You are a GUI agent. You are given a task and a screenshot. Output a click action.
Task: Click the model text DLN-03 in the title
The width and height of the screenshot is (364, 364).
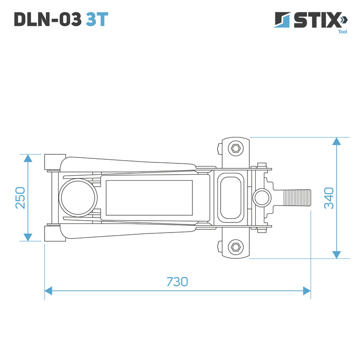(47, 19)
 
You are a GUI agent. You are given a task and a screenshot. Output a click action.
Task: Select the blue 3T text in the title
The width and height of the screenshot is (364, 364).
(97, 19)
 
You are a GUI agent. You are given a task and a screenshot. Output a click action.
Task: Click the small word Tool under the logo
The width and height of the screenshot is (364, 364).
(342, 32)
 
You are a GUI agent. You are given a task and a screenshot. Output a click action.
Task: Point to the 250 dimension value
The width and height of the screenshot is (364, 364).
(20, 197)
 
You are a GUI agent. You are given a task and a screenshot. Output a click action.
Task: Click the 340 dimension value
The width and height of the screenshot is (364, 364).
(329, 197)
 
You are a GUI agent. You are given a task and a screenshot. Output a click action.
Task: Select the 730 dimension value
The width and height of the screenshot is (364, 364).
(177, 282)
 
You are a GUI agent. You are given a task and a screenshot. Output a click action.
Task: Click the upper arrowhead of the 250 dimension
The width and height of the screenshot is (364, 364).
(28, 158)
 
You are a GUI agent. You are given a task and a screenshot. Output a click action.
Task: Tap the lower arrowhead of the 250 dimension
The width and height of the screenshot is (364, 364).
(28, 237)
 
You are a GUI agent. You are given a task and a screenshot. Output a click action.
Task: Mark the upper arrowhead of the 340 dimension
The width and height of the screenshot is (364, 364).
(337, 141)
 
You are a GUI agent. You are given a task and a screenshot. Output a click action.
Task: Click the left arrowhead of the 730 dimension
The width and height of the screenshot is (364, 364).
(48, 290)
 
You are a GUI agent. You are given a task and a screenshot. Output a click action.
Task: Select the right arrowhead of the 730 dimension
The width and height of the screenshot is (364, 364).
(307, 290)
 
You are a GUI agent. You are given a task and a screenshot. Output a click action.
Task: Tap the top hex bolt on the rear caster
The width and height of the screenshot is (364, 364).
(235, 148)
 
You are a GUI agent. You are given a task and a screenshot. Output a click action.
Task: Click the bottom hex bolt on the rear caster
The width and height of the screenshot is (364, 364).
(235, 247)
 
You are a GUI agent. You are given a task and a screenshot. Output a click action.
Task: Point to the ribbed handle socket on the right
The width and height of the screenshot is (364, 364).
(297, 197)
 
